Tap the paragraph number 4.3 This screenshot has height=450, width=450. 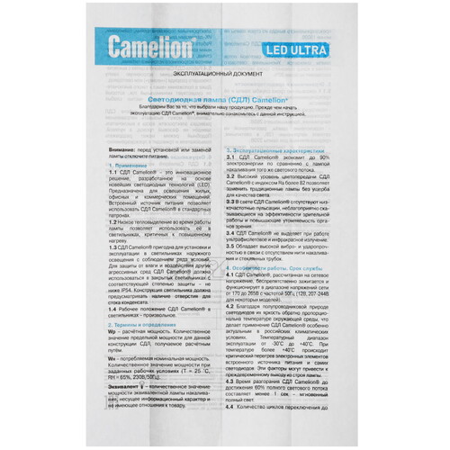coord(231,382)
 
